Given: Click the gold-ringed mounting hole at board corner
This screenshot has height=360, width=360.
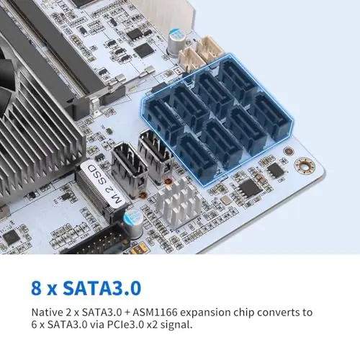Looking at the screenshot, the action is [305, 166].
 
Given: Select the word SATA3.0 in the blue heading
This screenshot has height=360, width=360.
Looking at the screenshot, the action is [102, 288].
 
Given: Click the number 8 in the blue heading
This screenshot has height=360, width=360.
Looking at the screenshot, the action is [36, 288].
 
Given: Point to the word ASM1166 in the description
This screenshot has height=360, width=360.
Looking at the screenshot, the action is [155, 312].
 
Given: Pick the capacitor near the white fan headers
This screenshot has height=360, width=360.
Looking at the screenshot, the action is [176, 42].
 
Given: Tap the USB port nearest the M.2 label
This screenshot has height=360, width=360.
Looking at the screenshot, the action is [130, 169].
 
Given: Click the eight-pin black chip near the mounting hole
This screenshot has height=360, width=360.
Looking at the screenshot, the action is [276, 170].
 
